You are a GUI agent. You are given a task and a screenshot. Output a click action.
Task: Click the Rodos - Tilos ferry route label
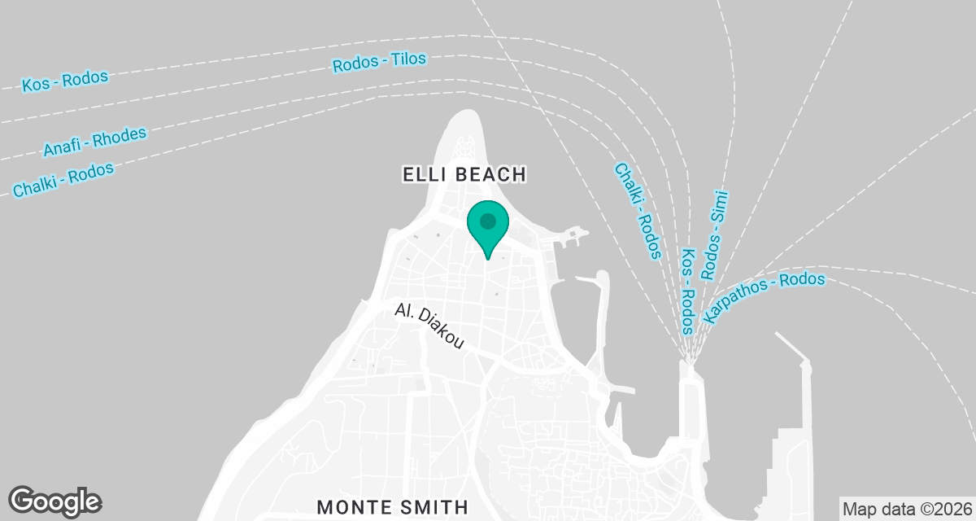(380, 63)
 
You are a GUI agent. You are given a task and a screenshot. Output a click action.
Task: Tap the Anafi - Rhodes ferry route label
(95, 142)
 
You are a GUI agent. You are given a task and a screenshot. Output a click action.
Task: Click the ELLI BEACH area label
(465, 173)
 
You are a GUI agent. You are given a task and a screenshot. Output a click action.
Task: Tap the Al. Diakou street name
(429, 326)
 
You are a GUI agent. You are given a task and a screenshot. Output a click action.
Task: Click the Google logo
(54, 500)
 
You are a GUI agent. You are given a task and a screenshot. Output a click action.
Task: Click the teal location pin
(487, 225)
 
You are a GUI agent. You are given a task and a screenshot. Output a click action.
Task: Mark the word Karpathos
(734, 305)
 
